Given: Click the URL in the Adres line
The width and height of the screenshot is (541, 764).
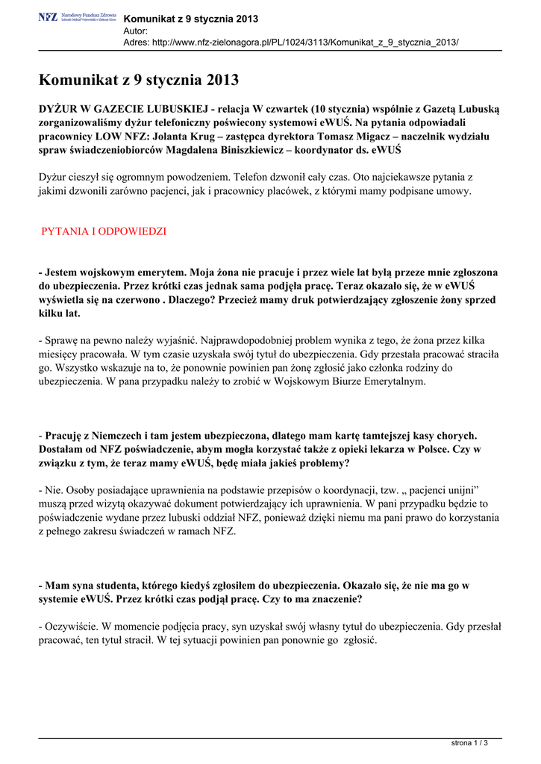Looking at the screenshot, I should click(x=305, y=43).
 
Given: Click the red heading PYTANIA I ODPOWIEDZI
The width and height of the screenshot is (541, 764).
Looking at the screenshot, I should click(x=103, y=231).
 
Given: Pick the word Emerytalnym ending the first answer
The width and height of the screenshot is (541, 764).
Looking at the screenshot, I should click(x=390, y=381).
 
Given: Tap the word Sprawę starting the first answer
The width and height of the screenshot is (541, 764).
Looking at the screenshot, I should click(x=61, y=339).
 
